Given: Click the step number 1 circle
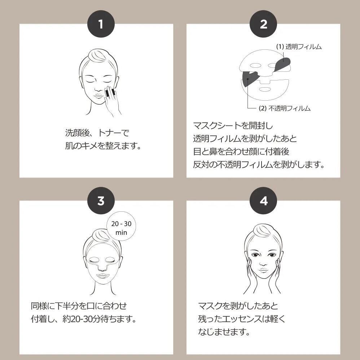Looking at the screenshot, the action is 101,24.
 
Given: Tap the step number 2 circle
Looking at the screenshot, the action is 263,24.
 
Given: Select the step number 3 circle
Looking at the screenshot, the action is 101,201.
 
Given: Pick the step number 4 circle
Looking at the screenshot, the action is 263,201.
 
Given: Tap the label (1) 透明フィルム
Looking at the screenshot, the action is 298,47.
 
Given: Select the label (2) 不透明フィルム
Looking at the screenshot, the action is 285,108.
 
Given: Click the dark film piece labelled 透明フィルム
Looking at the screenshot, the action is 284,64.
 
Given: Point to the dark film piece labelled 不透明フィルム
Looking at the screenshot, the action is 249,78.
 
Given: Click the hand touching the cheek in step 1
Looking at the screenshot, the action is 113,99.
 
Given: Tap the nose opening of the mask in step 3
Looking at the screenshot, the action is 101,268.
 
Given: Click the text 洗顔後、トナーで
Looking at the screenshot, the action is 97,133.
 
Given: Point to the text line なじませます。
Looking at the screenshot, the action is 224,332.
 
